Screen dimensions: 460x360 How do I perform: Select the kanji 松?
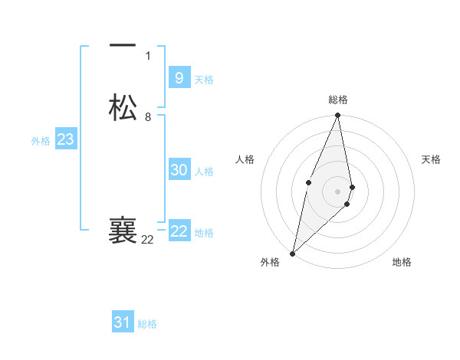click(123, 108)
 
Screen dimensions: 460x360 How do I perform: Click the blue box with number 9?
click(179, 77)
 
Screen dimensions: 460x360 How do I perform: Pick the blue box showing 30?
click(179, 170)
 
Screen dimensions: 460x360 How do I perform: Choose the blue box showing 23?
click(65, 139)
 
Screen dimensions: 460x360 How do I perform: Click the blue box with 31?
click(123, 322)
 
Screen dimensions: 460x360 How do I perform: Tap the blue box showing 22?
click(179, 231)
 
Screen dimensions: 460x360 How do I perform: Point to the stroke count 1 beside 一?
click(148, 56)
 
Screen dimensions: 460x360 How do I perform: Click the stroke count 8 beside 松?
click(148, 117)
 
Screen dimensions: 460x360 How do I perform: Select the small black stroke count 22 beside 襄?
click(147, 240)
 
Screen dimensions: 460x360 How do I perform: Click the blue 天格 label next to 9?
click(204, 79)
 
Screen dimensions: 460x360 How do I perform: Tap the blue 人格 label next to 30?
click(205, 172)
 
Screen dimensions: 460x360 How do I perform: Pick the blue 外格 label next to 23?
click(41, 141)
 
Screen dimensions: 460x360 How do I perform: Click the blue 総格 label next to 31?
click(147, 324)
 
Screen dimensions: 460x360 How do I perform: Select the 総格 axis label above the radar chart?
click(338, 100)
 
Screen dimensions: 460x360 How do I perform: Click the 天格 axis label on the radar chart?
click(432, 159)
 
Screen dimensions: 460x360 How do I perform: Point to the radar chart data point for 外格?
click(292, 253)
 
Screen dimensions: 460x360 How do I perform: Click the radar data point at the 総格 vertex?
click(338, 116)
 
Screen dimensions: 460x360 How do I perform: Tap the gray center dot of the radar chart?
click(338, 190)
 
